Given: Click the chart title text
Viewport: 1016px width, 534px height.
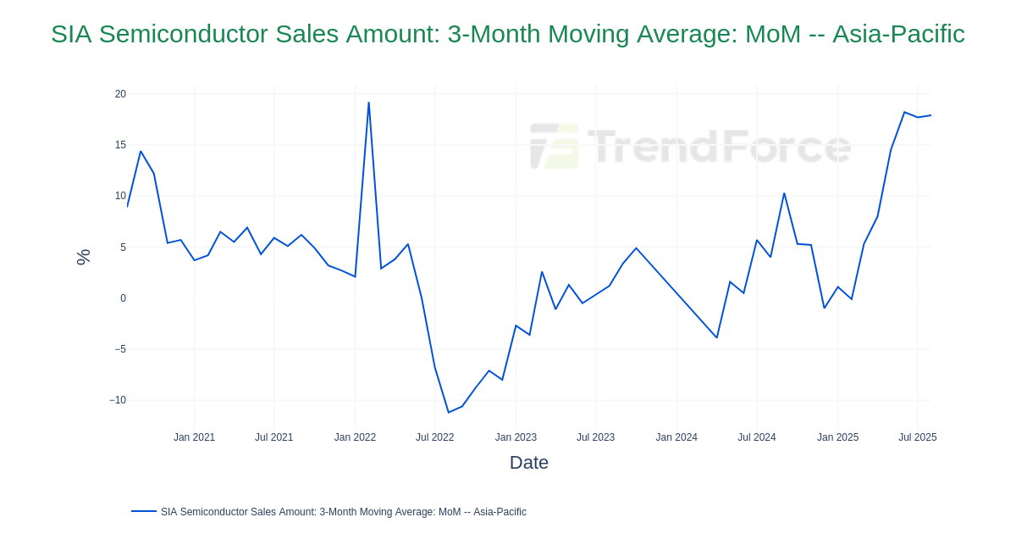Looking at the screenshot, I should click(507, 34).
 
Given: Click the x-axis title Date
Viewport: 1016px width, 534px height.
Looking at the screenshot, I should click(528, 463).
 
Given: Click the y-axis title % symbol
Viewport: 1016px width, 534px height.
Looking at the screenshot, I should click(83, 257).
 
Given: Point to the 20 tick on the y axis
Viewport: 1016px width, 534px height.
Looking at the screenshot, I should click(120, 94).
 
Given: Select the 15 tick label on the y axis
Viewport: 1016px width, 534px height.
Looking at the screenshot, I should click(120, 145).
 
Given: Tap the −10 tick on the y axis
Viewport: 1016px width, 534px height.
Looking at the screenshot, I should click(118, 400).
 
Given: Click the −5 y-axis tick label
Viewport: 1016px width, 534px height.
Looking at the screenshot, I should click(120, 349).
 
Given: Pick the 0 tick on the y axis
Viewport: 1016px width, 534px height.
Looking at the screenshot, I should click(123, 298).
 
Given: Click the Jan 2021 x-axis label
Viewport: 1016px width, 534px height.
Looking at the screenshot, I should click(194, 437).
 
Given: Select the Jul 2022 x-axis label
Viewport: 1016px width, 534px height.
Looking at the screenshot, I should click(434, 437).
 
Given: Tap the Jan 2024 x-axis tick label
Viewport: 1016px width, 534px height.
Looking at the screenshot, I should click(676, 437).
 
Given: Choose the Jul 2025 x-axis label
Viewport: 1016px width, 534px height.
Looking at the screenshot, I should click(917, 437).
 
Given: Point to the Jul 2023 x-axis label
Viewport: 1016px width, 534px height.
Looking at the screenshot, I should click(595, 437).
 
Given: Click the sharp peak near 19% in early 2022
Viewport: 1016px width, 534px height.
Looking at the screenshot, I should click(368, 103).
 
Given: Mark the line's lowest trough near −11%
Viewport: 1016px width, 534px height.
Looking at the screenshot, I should click(449, 413).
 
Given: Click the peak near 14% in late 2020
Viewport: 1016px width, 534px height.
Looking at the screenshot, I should click(141, 152).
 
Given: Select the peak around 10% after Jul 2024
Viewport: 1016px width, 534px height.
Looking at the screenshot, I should click(784, 193).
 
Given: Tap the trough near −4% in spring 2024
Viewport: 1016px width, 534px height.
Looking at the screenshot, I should click(717, 338).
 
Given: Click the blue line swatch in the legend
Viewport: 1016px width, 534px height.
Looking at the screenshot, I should click(144, 511).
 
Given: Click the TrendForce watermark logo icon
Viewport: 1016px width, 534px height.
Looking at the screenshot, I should click(555, 146).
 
